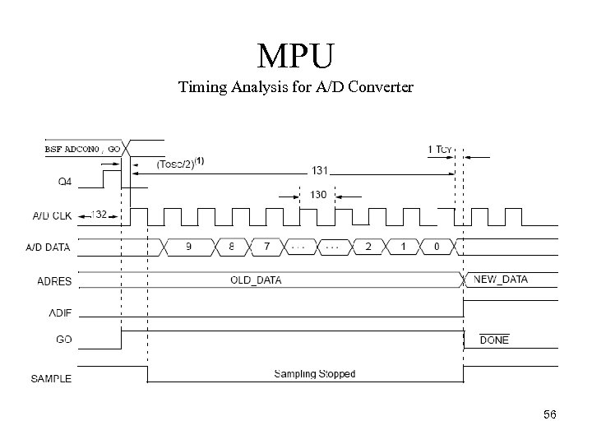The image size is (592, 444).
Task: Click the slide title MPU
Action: tap(295, 57)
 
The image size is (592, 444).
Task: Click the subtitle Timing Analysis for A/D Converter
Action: tap(295, 87)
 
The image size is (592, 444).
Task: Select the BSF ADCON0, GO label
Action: tap(81, 150)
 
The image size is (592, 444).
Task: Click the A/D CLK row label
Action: tap(52, 217)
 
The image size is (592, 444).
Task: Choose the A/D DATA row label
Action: tap(52, 247)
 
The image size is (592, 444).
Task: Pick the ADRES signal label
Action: tap(54, 281)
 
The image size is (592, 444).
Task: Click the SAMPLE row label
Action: tap(52, 379)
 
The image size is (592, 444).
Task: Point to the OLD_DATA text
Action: tap(256, 280)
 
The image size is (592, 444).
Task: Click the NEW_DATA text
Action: tap(501, 280)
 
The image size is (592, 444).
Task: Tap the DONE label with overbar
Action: tap(493, 340)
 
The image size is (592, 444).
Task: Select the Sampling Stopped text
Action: tap(314, 374)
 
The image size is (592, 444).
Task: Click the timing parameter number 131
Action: tap(319, 171)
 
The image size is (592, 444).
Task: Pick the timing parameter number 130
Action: tap(318, 196)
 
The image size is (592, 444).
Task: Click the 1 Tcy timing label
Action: tap(440, 150)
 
